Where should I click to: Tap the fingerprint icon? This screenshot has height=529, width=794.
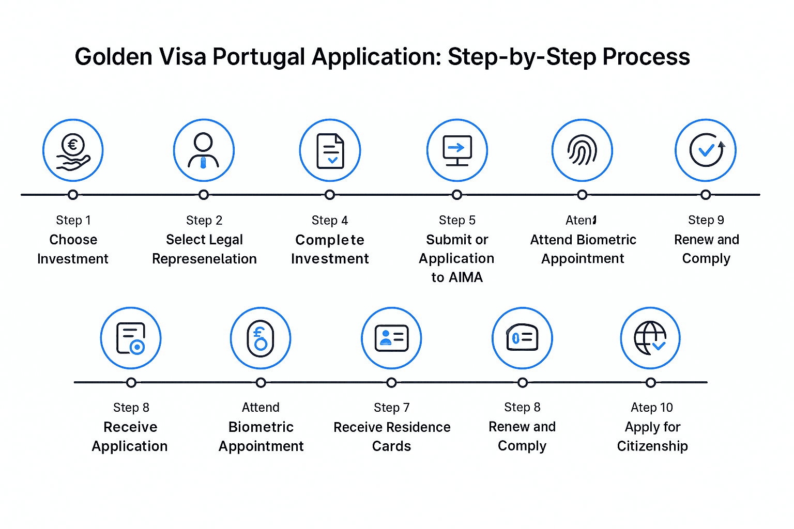point(582,150)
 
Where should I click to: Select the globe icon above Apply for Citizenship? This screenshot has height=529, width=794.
point(650,338)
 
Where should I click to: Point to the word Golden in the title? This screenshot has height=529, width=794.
point(113,57)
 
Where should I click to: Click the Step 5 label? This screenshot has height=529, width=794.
point(457,220)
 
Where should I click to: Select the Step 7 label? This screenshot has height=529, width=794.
point(391,408)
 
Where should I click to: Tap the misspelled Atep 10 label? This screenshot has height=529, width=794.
point(652,408)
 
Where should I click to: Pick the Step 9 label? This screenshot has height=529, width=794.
point(706,220)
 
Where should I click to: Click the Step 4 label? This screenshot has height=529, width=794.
point(330,221)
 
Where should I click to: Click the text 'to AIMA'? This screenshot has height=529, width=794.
point(457,277)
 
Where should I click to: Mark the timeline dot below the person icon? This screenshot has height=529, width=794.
point(204,195)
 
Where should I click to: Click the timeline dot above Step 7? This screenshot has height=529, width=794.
point(391,383)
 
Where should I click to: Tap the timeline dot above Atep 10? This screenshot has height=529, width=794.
point(651,383)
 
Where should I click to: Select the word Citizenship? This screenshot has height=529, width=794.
point(652,446)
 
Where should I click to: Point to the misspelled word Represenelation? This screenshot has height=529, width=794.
point(204,259)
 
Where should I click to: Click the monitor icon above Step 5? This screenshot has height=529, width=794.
point(457,150)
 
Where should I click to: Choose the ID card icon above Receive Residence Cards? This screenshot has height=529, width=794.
point(391,338)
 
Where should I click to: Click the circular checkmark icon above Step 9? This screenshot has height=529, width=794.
point(706,150)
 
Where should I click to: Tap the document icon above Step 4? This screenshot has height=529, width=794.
point(330,150)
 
